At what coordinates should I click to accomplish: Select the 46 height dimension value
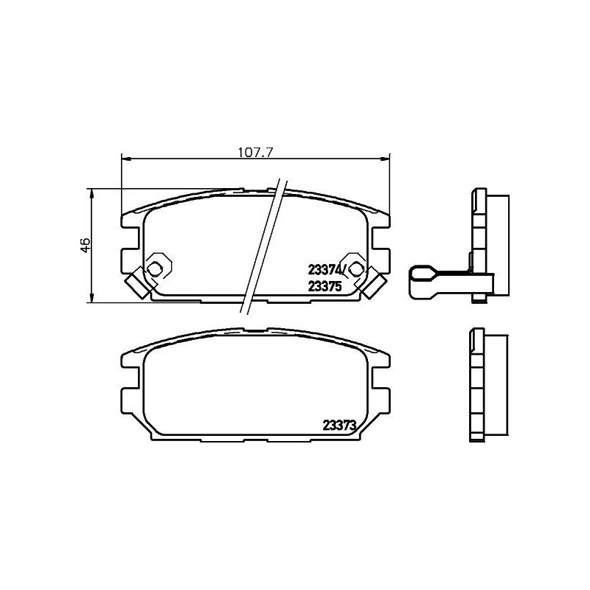85,245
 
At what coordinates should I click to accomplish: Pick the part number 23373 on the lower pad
340,424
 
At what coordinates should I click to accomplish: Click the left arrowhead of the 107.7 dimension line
124,159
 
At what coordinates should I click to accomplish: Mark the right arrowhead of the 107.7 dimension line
385,159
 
